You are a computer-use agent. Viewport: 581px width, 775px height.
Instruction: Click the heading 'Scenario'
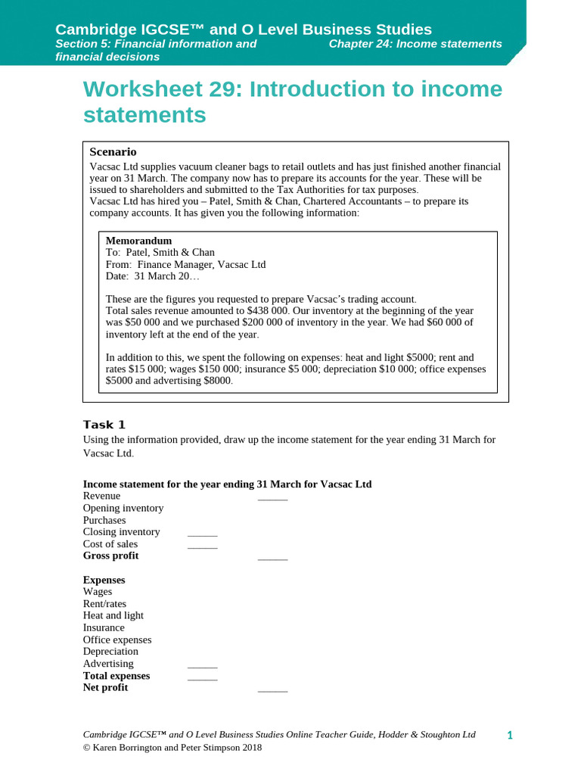coord(113,152)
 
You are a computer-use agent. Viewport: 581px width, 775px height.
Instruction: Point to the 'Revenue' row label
coord(101,496)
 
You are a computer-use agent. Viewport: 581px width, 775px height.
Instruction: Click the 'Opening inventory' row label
coord(123,508)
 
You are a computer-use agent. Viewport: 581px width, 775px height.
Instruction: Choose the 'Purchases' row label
coord(104,520)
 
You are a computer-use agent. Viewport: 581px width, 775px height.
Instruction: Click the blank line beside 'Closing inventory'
coord(202,535)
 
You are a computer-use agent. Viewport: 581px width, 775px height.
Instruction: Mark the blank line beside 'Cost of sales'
coord(202,547)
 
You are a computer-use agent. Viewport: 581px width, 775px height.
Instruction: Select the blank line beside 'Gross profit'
coord(272,559)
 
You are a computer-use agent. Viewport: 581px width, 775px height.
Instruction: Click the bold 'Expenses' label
coord(104,580)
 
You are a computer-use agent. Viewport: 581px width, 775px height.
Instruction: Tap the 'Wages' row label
coord(98,592)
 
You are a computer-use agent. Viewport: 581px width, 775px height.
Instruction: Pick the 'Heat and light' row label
coord(113,615)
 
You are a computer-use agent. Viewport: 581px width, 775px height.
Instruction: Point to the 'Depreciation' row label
coord(110,652)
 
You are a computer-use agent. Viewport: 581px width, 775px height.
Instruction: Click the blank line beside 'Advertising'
coord(202,667)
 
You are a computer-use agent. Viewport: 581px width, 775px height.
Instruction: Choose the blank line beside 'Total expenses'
coord(202,679)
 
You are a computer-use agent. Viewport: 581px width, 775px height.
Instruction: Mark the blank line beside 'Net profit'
coord(272,691)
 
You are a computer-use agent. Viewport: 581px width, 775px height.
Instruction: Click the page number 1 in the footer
coord(510,736)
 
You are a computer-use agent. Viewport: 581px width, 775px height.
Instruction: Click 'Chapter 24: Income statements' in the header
coord(415,44)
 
